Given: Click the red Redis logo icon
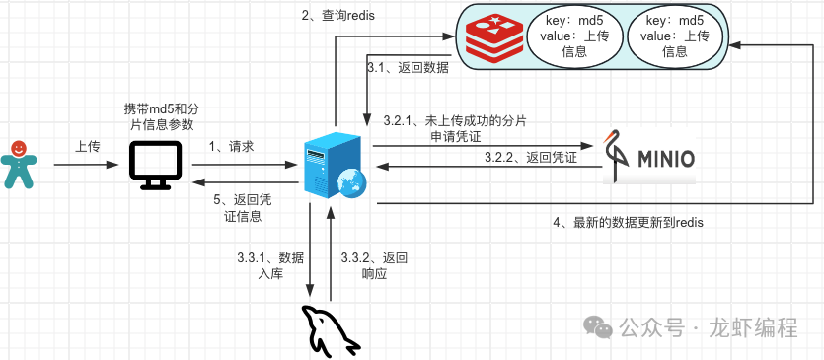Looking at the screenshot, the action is [494, 38].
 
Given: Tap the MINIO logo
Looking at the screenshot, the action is [649, 156].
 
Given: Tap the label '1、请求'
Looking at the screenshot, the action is [232, 147].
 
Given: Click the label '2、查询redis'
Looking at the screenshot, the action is [337, 15].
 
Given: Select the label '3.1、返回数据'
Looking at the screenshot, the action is [408, 68].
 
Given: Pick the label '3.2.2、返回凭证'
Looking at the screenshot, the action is [530, 157].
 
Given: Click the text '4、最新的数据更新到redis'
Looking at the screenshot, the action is [628, 222].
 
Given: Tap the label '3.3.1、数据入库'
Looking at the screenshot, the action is [270, 266].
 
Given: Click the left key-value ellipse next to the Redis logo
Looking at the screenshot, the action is [574, 36].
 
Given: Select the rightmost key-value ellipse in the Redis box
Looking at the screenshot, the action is [675, 36].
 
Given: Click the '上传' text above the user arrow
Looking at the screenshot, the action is [87, 147].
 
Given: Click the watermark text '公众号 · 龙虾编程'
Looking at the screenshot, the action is [691, 327].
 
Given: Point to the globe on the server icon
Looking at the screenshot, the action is [352, 183].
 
